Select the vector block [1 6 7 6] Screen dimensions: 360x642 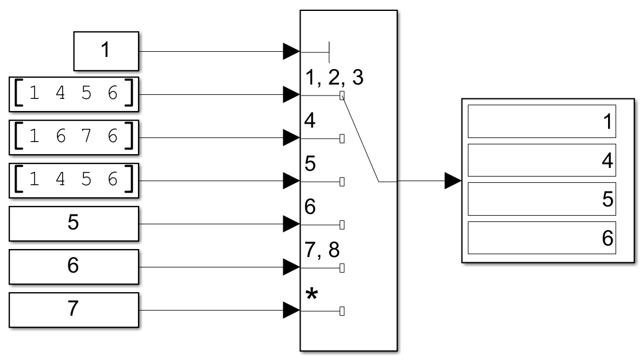(x=74, y=137)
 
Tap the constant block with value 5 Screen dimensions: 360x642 (x=74, y=224)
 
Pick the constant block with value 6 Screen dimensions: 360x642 (x=74, y=267)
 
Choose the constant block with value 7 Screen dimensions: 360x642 (x=74, y=310)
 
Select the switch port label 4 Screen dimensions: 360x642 (x=309, y=122)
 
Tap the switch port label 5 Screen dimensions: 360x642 (x=309, y=165)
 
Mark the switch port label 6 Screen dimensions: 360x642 (x=309, y=208)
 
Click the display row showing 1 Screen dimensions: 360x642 (x=541, y=121)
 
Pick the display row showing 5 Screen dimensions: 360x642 (x=541, y=199)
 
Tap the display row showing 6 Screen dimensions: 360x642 (x=541, y=238)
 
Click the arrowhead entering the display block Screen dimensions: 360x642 (x=453, y=181)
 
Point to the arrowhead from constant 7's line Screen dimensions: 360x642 (x=291, y=311)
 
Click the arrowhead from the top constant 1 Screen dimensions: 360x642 (x=291, y=52)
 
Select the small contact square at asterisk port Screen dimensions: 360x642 (x=342, y=311)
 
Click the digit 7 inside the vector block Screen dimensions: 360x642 (x=86, y=137)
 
